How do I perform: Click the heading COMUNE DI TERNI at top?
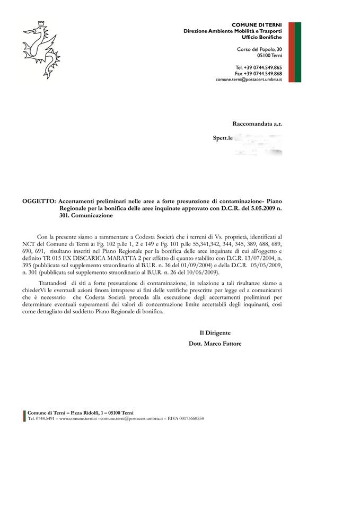click(x=257, y=25)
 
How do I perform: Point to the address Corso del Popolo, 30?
click(x=259, y=49)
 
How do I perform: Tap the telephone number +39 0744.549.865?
click(x=263, y=67)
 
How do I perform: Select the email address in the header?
click(x=249, y=79)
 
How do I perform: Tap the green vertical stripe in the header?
click(x=298, y=52)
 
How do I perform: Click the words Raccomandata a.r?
click(x=257, y=124)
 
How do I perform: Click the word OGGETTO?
click(x=38, y=201)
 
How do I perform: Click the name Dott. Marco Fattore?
click(x=215, y=344)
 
